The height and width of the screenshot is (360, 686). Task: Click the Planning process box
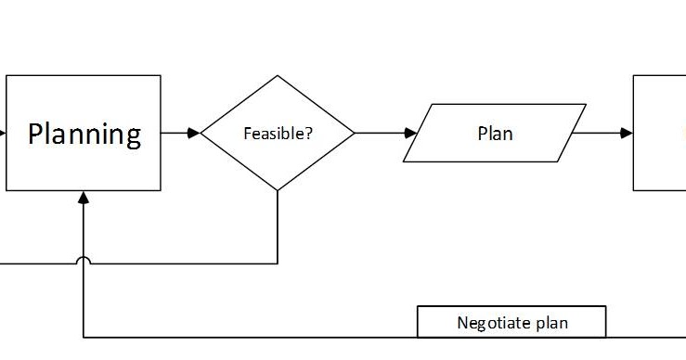coord(84,162)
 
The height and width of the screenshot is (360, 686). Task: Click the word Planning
coord(84,134)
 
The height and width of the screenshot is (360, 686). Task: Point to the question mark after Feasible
coord(308,133)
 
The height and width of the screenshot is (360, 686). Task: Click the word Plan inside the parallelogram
coord(495,134)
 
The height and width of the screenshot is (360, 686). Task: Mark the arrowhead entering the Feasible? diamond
coord(194,133)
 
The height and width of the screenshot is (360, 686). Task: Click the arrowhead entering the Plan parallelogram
coord(410,133)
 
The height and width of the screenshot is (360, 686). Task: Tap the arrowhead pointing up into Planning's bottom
coord(84,197)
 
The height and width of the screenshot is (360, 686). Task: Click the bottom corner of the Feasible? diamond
coord(278,189)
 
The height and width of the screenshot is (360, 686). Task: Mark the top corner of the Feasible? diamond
coord(278,77)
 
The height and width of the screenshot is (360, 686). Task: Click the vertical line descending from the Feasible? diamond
coord(278,227)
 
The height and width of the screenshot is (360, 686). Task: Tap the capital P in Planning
coord(36,134)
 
